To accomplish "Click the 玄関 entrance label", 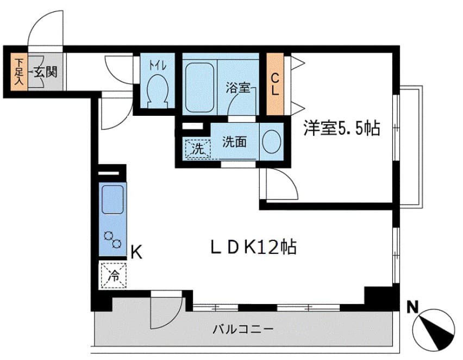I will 45,71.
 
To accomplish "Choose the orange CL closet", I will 276,84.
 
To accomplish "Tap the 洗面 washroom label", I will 234,142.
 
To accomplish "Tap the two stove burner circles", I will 112,239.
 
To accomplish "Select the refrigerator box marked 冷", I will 114,275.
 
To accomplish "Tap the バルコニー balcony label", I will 242,329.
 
